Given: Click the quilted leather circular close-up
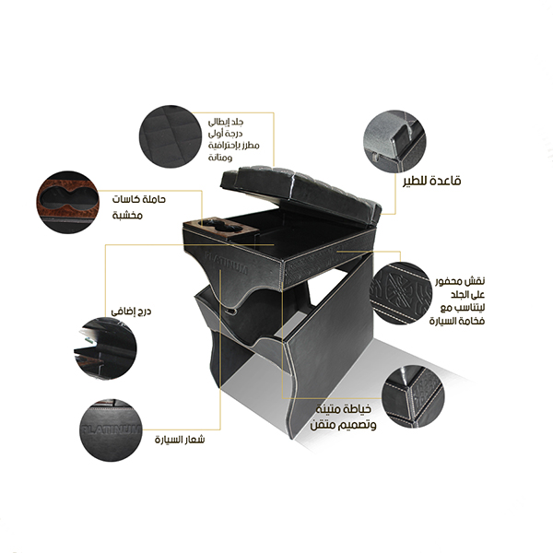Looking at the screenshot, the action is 168,136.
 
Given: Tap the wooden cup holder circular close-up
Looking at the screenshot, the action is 67,203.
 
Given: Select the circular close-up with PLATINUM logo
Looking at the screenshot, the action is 110,430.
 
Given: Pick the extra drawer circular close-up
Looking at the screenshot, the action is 105,348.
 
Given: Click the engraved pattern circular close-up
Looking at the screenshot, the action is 401,293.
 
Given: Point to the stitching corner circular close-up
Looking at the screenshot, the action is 413,396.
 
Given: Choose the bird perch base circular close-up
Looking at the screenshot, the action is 394,141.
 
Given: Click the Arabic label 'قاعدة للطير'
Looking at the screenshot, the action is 432,181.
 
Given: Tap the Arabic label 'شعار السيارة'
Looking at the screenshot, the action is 180,440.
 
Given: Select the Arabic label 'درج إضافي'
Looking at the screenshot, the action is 131,312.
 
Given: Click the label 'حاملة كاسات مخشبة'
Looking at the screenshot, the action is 139,206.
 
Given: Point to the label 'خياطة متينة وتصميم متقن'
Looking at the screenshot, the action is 343,417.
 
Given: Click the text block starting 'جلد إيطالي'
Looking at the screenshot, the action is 233,140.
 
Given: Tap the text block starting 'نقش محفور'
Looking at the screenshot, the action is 457,300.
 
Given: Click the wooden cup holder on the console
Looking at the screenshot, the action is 221,227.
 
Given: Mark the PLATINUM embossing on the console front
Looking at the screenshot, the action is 227,263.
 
